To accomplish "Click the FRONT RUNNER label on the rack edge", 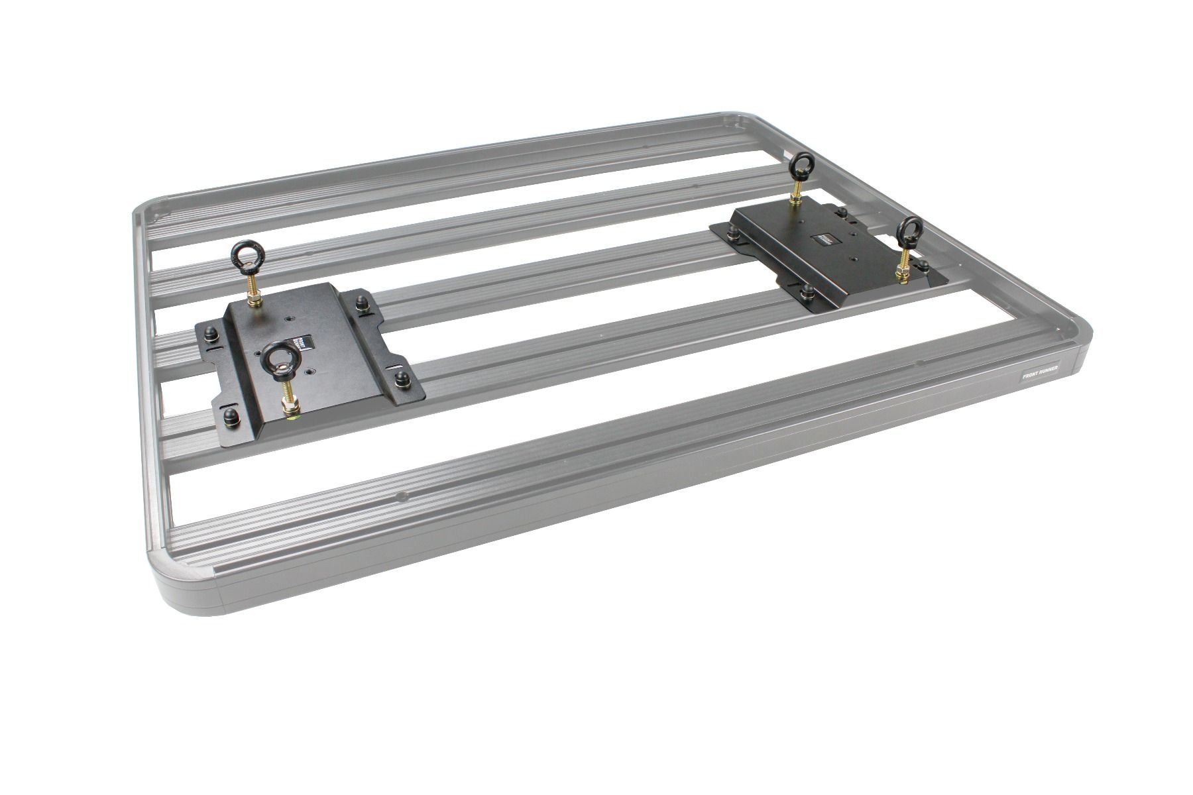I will pyautogui.click(x=1043, y=373).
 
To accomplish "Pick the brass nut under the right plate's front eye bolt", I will pyautogui.click(x=902, y=271).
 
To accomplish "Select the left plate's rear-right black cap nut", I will pyautogui.click(x=362, y=304).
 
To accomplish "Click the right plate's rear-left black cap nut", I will pyautogui.click(x=734, y=232).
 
